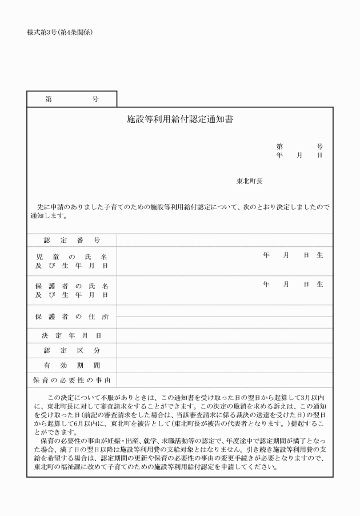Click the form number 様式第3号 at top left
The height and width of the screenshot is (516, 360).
click(59, 32)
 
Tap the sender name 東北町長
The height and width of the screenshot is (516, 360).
click(250, 181)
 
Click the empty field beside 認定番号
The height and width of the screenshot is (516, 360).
click(225, 240)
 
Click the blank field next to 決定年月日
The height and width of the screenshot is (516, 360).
click(225, 335)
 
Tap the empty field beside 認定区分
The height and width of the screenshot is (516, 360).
click(225, 350)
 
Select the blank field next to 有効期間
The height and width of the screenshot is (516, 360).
click(225, 365)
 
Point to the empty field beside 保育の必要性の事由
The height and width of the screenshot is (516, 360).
click(225, 380)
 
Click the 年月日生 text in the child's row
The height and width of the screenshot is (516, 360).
click(293, 255)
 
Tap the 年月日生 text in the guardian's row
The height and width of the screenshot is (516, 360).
click(293, 284)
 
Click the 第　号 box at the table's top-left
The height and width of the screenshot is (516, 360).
click(71, 99)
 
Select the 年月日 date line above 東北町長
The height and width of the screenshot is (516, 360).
click(299, 155)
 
